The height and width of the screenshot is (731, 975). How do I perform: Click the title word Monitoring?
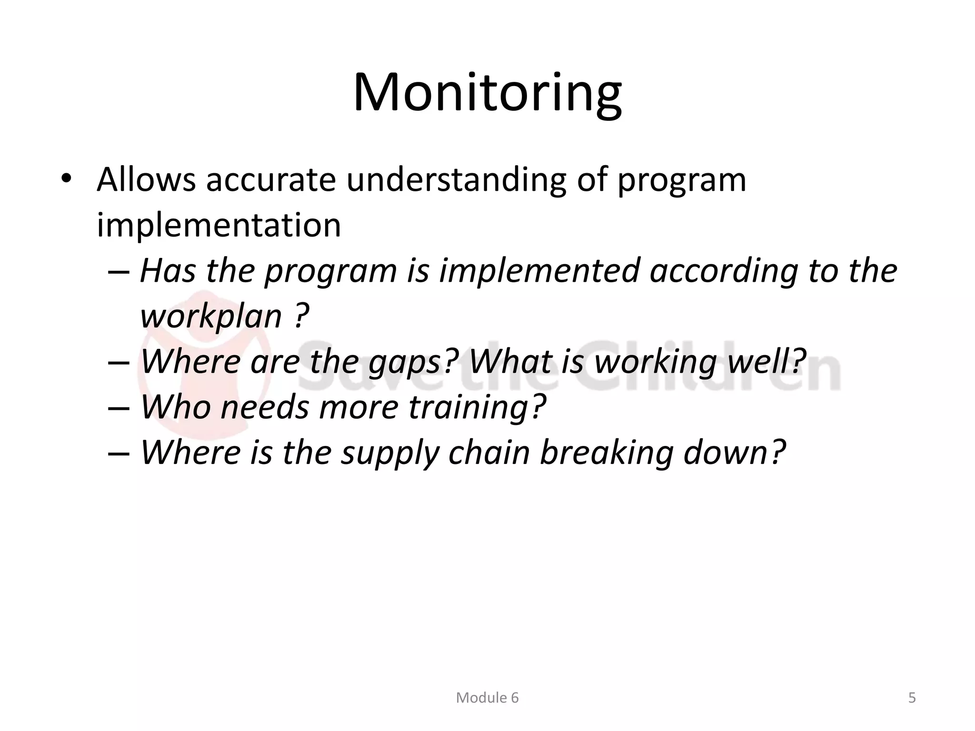coord(487,93)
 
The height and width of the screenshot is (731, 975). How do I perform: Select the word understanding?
coord(456,181)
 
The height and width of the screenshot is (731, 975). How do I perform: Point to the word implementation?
coord(219,225)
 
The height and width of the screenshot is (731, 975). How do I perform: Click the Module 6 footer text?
coord(487,698)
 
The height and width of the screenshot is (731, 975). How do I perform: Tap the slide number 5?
coord(912,698)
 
